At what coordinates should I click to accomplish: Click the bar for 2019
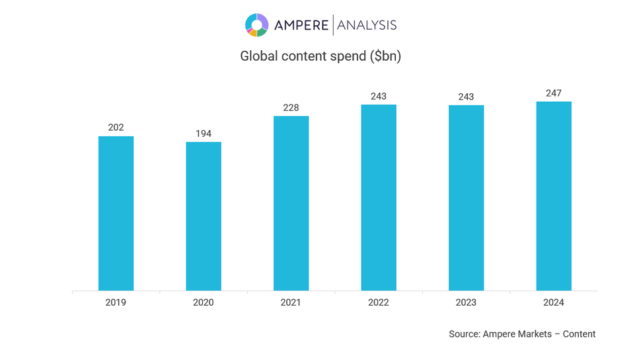click(x=116, y=213)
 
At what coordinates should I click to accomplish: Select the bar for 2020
click(x=204, y=216)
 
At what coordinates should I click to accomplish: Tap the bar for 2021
click(x=291, y=203)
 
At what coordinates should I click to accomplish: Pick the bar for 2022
click(x=379, y=198)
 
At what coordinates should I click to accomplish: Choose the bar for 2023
click(x=466, y=198)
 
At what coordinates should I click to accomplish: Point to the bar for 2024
click(x=554, y=196)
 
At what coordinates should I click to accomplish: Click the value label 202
click(x=116, y=127)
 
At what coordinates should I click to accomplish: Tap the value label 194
click(x=204, y=133)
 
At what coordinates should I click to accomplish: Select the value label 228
click(x=291, y=108)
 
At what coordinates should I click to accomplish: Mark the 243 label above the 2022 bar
click(x=379, y=96)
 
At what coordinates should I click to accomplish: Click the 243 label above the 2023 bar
click(x=466, y=96)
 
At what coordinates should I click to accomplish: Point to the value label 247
click(x=554, y=93)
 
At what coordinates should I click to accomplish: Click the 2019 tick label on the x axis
click(x=116, y=303)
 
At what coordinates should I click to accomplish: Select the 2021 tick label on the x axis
click(x=291, y=303)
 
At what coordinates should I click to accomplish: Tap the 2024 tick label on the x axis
click(x=554, y=303)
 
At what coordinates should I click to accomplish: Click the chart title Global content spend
click(x=320, y=56)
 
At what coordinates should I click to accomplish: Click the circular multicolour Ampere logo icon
click(x=257, y=25)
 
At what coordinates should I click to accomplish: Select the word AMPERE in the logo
click(x=301, y=25)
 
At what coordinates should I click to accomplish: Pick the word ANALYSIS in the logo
click(x=367, y=25)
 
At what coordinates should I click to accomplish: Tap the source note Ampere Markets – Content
click(x=522, y=334)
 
